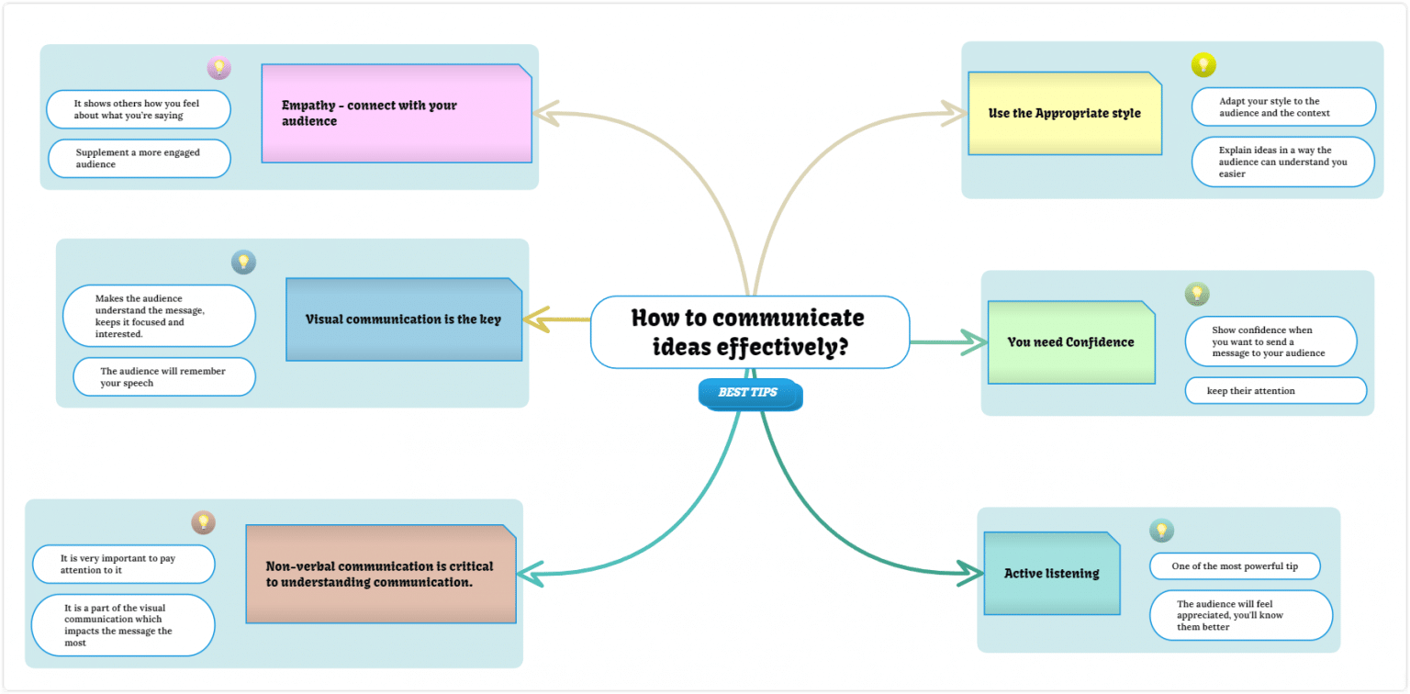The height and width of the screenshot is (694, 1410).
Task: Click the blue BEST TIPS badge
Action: pos(748,393)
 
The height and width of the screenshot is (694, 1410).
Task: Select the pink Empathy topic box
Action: pos(397,113)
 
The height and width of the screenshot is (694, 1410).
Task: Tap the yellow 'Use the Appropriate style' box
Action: pos(1064,113)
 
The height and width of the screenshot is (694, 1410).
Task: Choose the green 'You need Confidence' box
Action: pos(1070,342)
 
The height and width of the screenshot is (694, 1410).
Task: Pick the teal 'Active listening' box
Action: pos(1051,574)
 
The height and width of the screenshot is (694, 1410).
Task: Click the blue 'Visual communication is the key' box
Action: pos(404,319)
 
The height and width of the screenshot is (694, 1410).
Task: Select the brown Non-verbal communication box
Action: pos(380,574)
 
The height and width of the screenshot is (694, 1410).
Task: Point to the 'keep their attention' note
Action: pos(1275,391)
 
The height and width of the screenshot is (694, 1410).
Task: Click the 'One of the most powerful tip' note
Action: pos(1234,566)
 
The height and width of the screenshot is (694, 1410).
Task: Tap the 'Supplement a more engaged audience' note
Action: pos(139,158)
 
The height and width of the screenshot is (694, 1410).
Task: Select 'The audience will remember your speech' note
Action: pos(163,377)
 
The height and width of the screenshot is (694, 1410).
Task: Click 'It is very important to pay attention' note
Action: pos(123,564)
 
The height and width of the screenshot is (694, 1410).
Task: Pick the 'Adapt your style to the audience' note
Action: pos(1282,106)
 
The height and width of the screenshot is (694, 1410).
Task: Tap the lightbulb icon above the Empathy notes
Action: pos(218,67)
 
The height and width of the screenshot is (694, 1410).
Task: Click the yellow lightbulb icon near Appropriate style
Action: pos(1203,64)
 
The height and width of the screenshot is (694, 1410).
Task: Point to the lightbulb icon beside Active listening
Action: pos(1161,530)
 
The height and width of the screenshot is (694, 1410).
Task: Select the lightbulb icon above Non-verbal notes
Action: pos(203,522)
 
